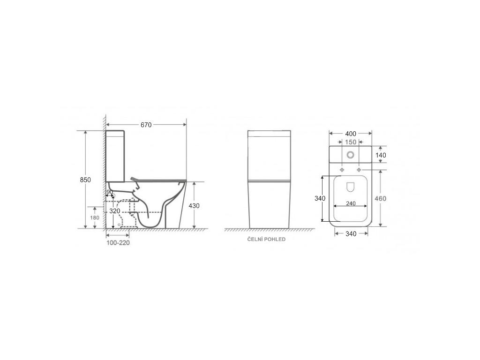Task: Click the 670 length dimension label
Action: [x=146, y=125]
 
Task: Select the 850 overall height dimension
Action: [x=85, y=180]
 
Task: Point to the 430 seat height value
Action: [x=194, y=206]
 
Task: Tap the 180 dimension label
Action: [x=94, y=217]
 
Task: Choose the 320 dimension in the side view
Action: [x=115, y=211]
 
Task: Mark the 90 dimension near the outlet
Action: [x=109, y=192]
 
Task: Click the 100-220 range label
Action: [x=118, y=243]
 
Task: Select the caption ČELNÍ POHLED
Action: [x=266, y=239]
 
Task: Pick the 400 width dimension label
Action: [x=351, y=134]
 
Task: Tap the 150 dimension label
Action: [x=351, y=142]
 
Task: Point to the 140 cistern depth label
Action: [x=380, y=155]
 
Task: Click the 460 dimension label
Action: [x=381, y=198]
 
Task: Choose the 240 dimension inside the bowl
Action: [x=351, y=203]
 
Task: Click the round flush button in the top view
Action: [x=350, y=155]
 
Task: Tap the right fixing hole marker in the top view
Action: [x=360, y=169]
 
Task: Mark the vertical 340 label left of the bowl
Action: [x=320, y=198]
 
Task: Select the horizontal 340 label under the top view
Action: [x=351, y=233]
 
